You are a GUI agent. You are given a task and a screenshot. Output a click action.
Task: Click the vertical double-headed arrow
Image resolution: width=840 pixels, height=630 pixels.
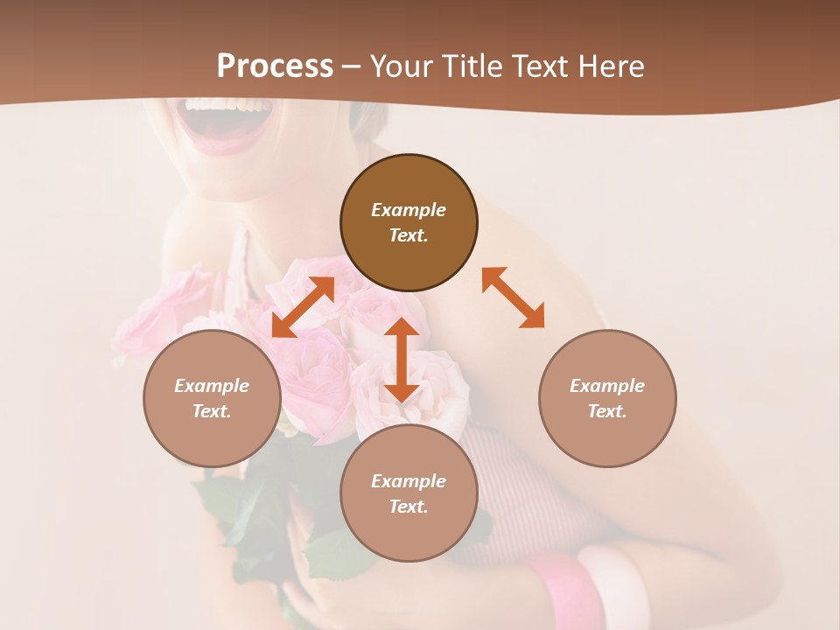pyautogui.click(x=402, y=360)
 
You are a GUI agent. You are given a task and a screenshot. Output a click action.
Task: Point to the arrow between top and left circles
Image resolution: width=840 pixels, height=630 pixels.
pyautogui.click(x=303, y=307)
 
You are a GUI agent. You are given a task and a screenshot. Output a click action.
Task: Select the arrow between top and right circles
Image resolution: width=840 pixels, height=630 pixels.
pyautogui.click(x=513, y=297)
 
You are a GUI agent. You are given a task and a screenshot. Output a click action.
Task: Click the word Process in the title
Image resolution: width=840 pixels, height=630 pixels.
pyautogui.click(x=275, y=66)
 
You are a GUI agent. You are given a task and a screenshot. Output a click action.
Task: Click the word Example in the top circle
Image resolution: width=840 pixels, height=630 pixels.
pyautogui.click(x=409, y=210)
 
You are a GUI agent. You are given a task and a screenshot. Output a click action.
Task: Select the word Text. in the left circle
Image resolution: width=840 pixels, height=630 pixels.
pyautogui.click(x=212, y=411)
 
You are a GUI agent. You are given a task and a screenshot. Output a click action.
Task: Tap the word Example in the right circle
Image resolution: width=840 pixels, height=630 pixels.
pyautogui.click(x=607, y=386)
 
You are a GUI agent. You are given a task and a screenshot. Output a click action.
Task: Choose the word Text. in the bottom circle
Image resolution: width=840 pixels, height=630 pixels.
pyautogui.click(x=409, y=507)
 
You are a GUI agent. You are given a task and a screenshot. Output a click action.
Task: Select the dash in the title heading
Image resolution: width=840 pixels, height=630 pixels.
pyautogui.click(x=352, y=66)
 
